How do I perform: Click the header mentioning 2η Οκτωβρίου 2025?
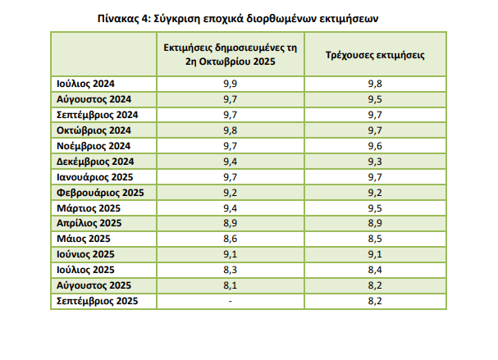(231, 54)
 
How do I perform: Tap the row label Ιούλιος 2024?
(86, 84)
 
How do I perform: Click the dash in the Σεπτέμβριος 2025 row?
(231, 301)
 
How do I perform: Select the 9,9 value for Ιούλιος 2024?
(231, 84)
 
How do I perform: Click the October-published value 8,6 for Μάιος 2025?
(231, 239)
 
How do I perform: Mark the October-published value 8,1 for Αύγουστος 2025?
(231, 285)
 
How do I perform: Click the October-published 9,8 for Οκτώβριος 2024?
(231, 130)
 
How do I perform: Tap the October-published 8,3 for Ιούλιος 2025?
(231, 270)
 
